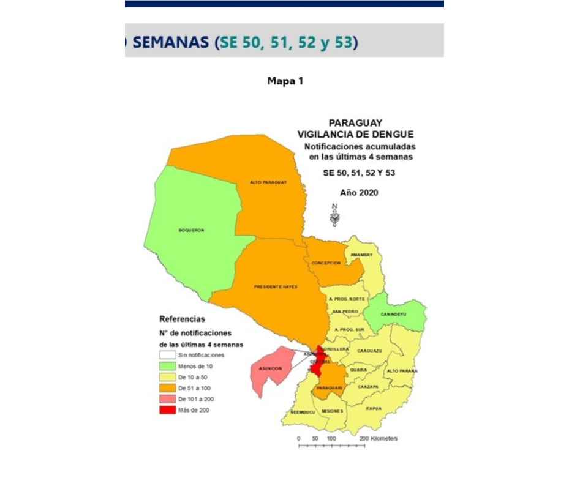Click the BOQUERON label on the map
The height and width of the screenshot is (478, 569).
191,230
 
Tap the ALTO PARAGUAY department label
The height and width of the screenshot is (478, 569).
268,182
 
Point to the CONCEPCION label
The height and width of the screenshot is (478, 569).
326,263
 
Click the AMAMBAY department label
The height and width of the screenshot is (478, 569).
362,255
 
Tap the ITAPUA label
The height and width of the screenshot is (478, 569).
374,408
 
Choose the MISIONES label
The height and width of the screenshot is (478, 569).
333,411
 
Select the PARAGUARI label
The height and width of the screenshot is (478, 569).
330,388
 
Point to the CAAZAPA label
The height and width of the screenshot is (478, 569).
367,387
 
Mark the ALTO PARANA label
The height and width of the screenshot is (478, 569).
402,371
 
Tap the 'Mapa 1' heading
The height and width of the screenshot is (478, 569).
285,81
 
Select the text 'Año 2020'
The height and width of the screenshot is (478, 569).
359,192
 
